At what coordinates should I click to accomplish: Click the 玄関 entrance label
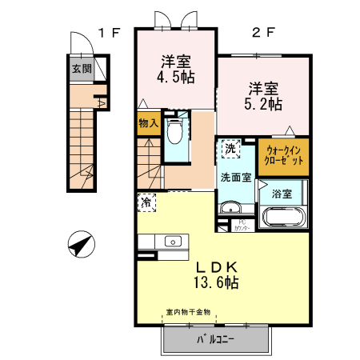coord(82,69)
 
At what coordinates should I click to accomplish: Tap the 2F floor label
coord(263,33)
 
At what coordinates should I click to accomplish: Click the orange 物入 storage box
coord(148,123)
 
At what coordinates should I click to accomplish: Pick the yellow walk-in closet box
coord(283,156)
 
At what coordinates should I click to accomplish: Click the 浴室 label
coord(281,194)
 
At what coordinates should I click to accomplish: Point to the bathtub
coord(282,218)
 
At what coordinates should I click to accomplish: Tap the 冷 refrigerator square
coord(146,202)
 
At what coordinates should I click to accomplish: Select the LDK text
coord(214,267)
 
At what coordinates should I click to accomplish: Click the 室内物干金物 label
coord(188,312)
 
